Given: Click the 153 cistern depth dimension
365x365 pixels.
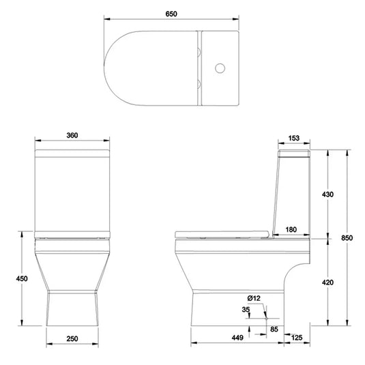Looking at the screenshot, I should coord(294,138).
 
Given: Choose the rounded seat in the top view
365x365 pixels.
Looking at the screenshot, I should coord(150,68).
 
